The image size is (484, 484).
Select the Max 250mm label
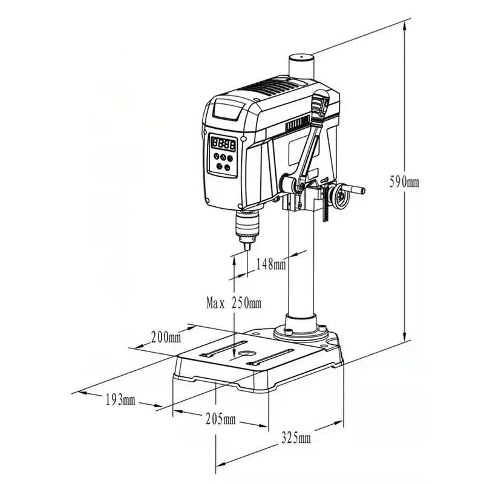(234, 302)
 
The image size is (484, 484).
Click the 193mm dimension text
(120, 399)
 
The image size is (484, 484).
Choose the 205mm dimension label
(220, 419)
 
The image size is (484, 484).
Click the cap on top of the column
(300, 59)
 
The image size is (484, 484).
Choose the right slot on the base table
(270, 358)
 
